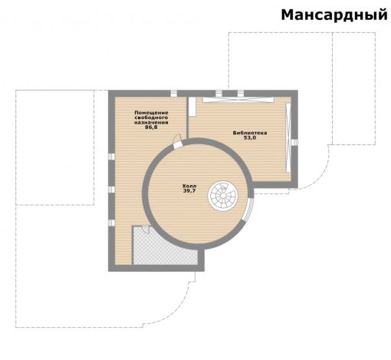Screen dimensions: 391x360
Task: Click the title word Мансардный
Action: point(334,15)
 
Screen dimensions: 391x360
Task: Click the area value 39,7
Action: point(189,190)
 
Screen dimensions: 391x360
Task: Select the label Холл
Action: point(189,186)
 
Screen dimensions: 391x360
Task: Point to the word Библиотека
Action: point(250,133)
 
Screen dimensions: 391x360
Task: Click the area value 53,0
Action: point(250,137)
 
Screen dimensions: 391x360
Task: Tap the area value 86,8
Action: point(151,127)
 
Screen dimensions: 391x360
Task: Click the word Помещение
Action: point(151,113)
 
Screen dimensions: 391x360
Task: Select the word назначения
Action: point(151,122)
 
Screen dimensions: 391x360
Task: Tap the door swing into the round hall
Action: point(177,140)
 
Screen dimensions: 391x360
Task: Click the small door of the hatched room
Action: point(146,229)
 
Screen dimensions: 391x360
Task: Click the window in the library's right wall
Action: point(294,142)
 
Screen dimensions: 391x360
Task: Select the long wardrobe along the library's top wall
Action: point(238,100)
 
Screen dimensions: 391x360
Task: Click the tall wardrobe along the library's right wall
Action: point(288,137)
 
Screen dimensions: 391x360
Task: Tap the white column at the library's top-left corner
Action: point(192,107)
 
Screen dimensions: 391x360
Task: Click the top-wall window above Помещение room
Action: point(174,94)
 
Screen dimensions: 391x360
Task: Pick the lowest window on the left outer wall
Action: point(111,223)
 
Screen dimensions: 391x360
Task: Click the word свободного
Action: point(151,117)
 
